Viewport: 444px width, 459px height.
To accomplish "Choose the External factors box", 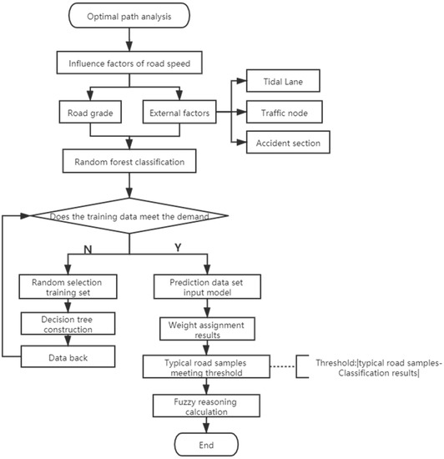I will (x=179, y=110).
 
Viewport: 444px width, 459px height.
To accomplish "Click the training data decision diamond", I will (x=129, y=217).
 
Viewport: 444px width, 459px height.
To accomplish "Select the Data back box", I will (x=66, y=357).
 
